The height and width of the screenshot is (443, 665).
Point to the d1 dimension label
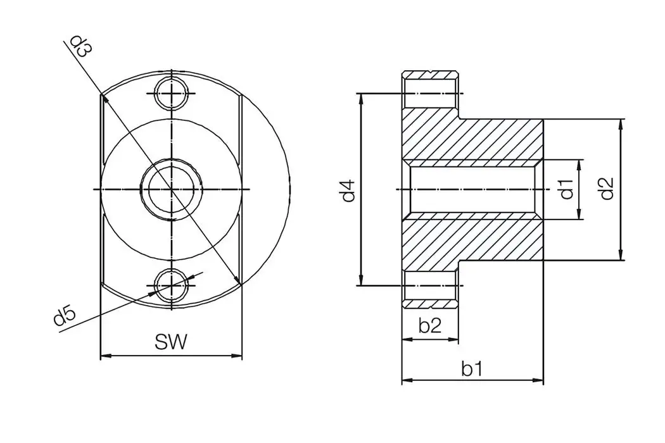566,189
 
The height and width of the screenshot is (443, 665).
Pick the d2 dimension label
606,189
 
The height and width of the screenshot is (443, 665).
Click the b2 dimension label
430,326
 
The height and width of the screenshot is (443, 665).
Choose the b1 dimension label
472,369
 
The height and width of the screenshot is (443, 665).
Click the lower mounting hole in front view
172,285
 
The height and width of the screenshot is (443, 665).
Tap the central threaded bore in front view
172,189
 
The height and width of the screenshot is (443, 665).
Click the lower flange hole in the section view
430,285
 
